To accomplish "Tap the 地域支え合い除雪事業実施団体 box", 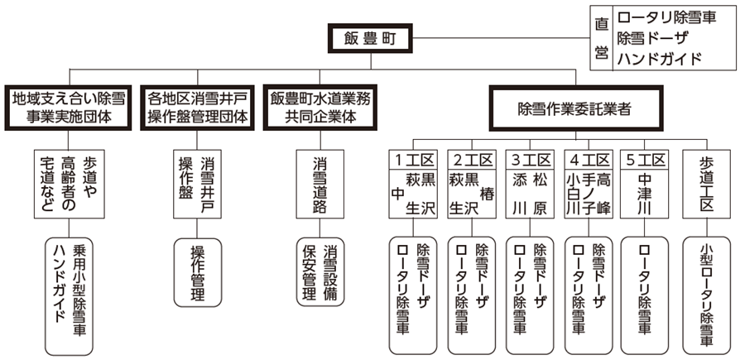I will coord(68,108).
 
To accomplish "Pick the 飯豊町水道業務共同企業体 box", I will coord(320,108).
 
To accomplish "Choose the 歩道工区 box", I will coord(706,183).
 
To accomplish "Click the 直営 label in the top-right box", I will coord(602,38).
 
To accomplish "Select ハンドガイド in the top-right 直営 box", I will coord(661,59).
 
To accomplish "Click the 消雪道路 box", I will coord(319,183).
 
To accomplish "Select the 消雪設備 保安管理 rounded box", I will coord(319,272).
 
